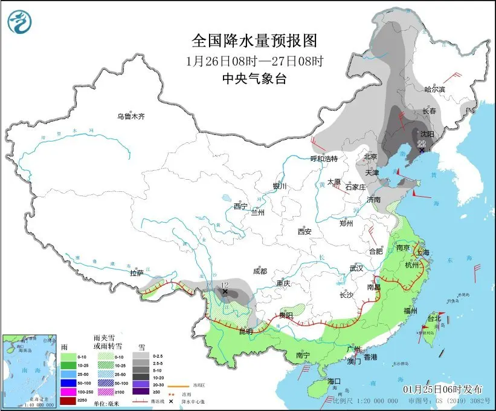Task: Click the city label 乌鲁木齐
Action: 132,116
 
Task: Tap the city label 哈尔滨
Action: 434,89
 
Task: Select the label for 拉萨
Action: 137,273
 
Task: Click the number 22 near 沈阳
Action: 421,143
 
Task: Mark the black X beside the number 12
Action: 225,292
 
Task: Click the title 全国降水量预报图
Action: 254,41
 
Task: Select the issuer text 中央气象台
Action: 254,78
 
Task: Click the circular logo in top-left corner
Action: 19,22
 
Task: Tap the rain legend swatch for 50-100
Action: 68,383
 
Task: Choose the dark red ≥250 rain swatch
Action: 68,401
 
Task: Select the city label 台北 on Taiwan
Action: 434,318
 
